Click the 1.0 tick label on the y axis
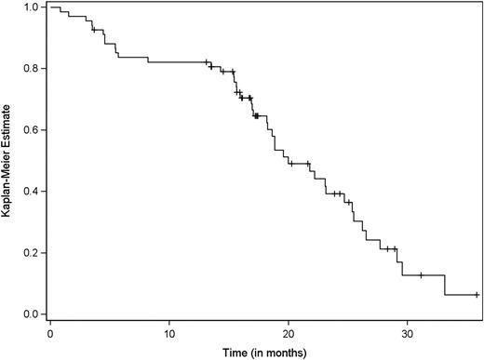32,7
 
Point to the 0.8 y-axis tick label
32,69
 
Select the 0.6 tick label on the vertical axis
32,130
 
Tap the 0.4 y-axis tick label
32,192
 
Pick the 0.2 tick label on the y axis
32,253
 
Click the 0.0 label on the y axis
32,314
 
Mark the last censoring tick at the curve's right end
477,295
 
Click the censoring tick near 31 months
421,275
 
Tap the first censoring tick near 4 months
94,31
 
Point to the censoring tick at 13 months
206,62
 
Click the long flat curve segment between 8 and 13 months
177,62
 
